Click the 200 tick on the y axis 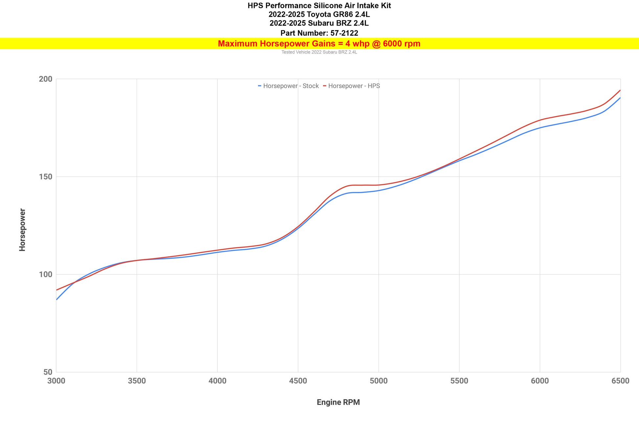coord(45,79)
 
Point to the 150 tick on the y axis coord(45,177)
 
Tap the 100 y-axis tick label coord(45,275)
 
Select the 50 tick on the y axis coord(48,372)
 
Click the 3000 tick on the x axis coord(56,381)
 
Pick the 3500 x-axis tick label coord(137,381)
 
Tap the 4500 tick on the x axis coord(298,381)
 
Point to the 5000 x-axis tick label coord(379,381)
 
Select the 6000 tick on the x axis coord(540,381)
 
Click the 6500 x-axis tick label coord(620,381)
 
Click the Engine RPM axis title coord(338,402)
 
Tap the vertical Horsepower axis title coord(22,230)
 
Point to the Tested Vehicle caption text coord(319,52)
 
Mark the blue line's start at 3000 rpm coord(57,299)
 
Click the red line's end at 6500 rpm coord(620,90)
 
